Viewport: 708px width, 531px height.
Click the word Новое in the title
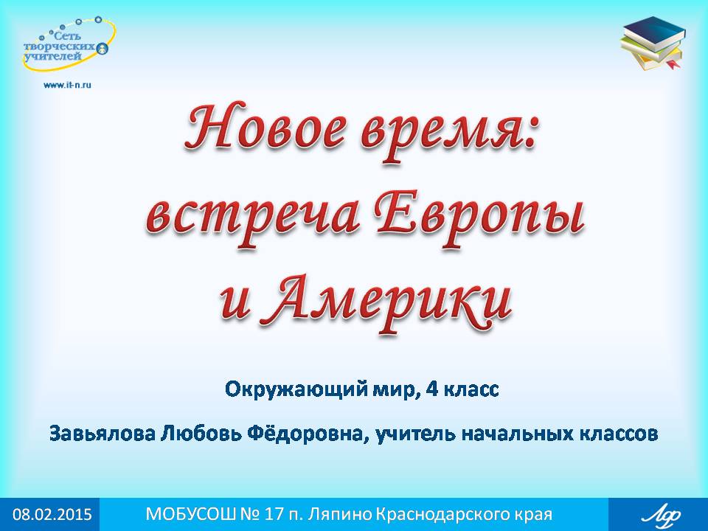[266, 128]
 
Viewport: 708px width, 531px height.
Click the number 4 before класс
[431, 389]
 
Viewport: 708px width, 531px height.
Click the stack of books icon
[653, 44]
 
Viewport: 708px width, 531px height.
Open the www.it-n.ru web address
[67, 84]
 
